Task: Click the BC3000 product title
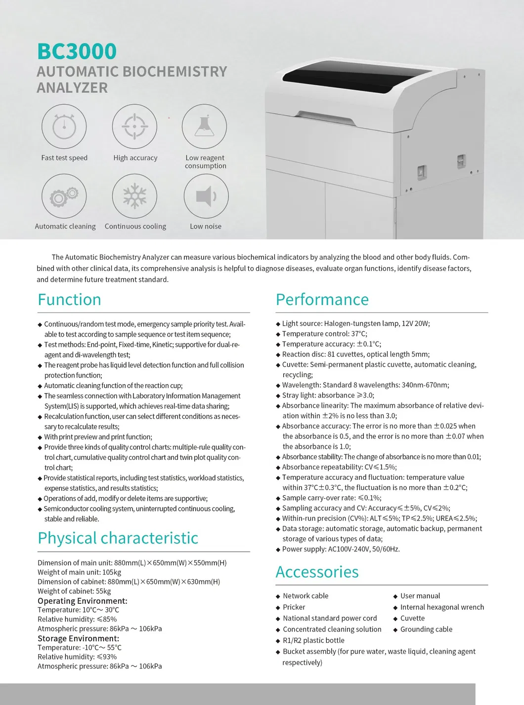[x=77, y=51]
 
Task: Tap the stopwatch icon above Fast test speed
[x=64, y=127]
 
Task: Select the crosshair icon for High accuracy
[x=134, y=127]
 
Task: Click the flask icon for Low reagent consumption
[x=204, y=127]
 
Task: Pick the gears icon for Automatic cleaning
[x=64, y=196]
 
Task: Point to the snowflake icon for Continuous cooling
[x=134, y=196]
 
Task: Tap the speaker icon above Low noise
[x=206, y=196]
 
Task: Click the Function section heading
[x=69, y=300]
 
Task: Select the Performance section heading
[x=322, y=300]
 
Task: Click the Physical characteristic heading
[x=118, y=538]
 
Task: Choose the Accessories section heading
[x=317, y=572]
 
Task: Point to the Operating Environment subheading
[x=82, y=601]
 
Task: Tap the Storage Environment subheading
[x=78, y=638]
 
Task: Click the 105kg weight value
[x=112, y=572]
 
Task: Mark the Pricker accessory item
[x=294, y=607]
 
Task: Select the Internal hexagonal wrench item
[x=442, y=607]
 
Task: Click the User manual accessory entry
[x=420, y=596]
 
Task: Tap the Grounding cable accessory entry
[x=426, y=629]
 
